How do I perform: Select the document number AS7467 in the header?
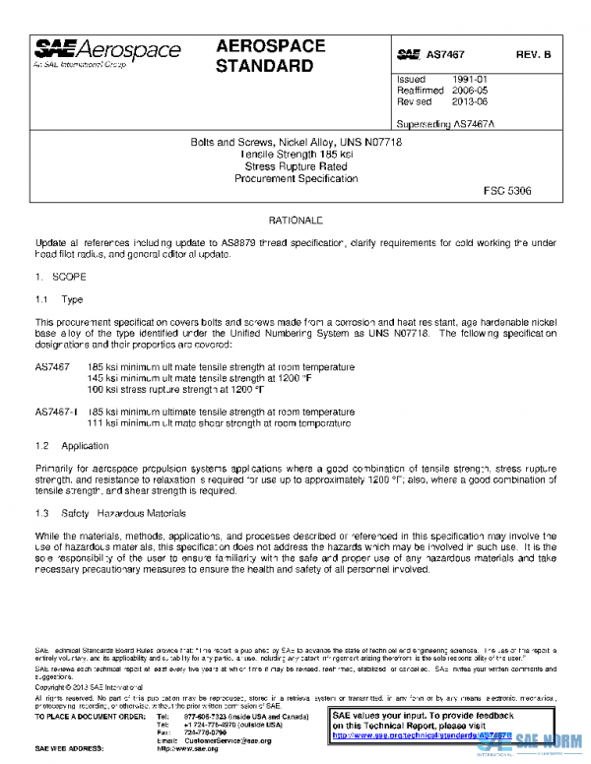[445, 56]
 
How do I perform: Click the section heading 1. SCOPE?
[61, 278]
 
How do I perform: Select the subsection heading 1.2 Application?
[72, 446]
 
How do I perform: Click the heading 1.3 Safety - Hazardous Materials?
[111, 513]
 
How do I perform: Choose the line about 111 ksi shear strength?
[219, 423]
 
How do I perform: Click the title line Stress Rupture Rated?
[295, 166]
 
